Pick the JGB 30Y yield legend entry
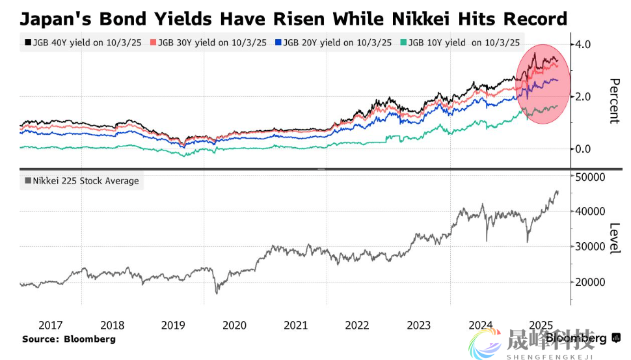point(208,43)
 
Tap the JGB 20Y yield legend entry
point(333,43)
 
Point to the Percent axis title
point(613,101)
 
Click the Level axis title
point(613,238)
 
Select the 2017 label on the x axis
point(51,325)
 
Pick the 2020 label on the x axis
point(234,325)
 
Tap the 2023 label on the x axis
point(419,325)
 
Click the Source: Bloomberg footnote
point(68,339)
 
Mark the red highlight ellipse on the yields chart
point(543,85)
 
